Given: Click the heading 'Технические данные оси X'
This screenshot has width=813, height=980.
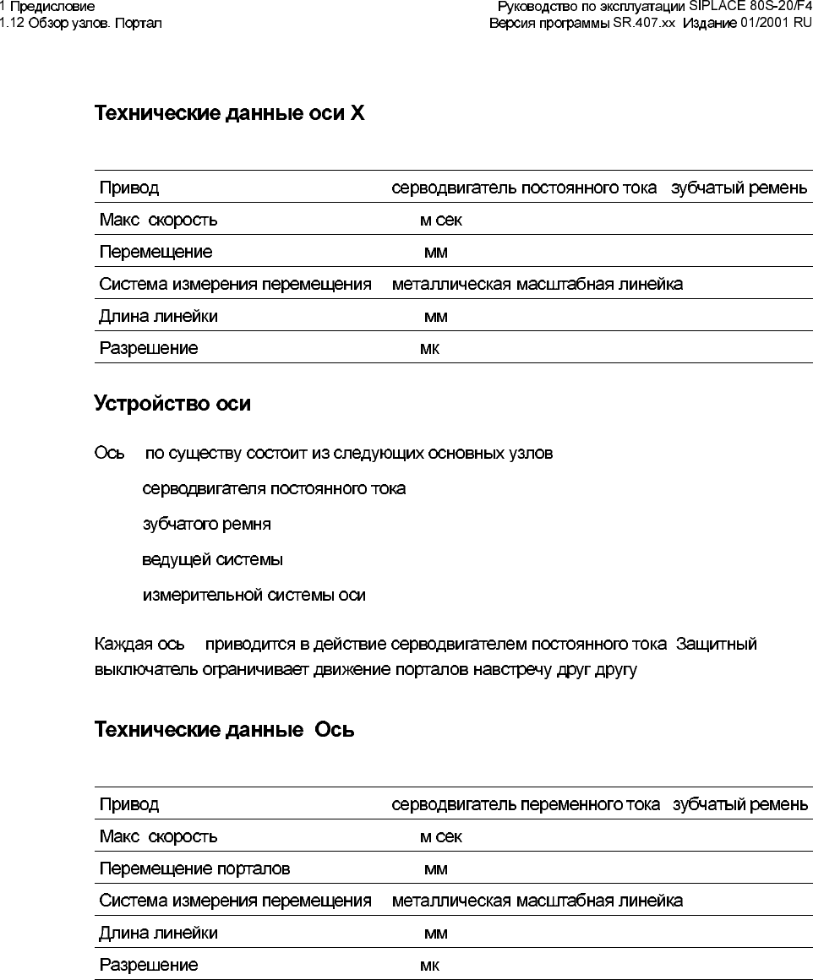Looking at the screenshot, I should click(229, 113).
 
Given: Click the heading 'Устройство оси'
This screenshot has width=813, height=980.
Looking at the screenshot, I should click(172, 404).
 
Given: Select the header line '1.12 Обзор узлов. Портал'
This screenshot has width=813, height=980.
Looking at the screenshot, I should click(81, 23).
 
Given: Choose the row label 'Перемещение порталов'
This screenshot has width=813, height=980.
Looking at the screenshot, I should click(194, 868).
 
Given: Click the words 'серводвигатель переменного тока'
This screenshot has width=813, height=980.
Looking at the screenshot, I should click(526, 804).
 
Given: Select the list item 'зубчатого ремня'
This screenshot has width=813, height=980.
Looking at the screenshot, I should click(206, 525).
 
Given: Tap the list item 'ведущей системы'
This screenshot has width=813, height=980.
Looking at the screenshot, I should click(212, 560).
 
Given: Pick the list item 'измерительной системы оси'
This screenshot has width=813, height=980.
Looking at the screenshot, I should click(254, 596).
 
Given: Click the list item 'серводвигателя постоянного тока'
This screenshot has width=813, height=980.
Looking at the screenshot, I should click(274, 489).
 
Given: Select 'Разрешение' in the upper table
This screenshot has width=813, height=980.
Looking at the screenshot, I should click(149, 349).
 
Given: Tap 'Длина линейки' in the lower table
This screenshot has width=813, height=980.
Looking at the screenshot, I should click(158, 933).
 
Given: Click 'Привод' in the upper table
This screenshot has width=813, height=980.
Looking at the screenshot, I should click(128, 188).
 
